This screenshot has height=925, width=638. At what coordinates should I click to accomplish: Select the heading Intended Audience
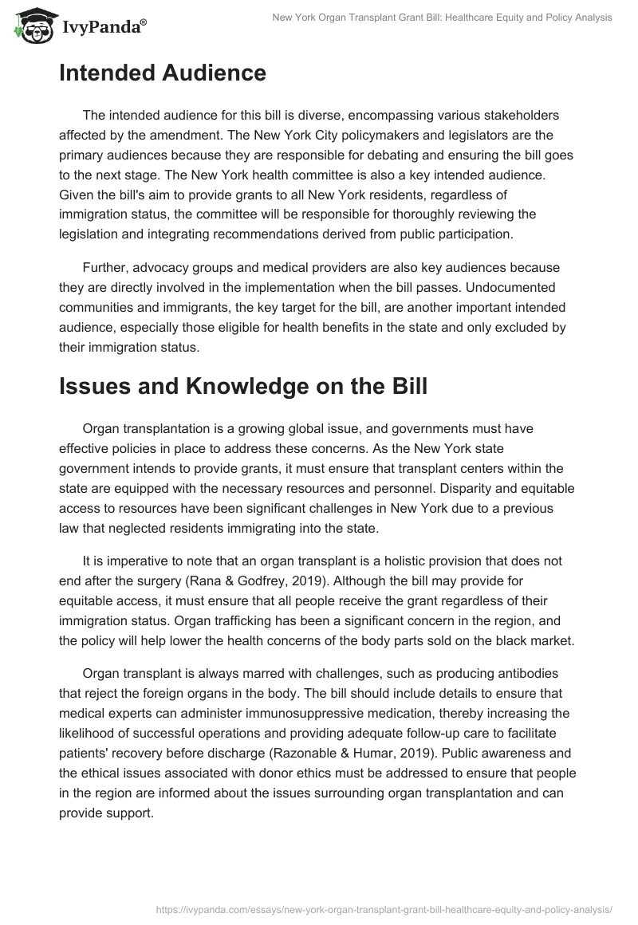[x=162, y=73]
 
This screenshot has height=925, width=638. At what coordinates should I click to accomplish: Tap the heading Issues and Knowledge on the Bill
[x=243, y=387]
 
